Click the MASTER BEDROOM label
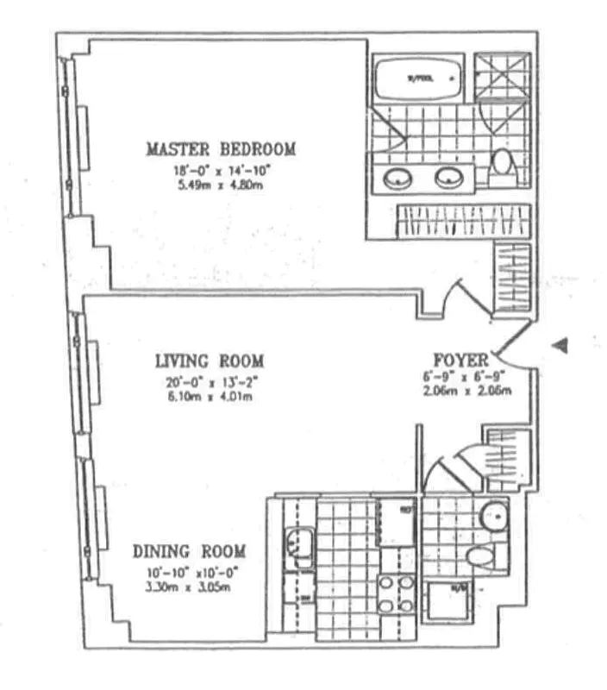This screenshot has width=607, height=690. tap(221, 149)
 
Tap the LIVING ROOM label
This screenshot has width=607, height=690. tap(210, 361)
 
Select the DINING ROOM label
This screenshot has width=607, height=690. tap(190, 551)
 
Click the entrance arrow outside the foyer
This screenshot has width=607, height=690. tap(560, 345)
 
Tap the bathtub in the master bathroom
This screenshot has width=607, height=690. tap(418, 80)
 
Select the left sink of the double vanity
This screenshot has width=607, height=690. tap(397, 179)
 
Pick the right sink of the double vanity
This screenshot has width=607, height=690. tap(448, 179)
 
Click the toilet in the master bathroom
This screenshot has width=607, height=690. tap(501, 165)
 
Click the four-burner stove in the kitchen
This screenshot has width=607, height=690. tap(396, 593)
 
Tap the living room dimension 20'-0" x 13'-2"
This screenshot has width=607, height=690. tap(210, 382)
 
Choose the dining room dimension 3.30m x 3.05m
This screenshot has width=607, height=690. tap(189, 588)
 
